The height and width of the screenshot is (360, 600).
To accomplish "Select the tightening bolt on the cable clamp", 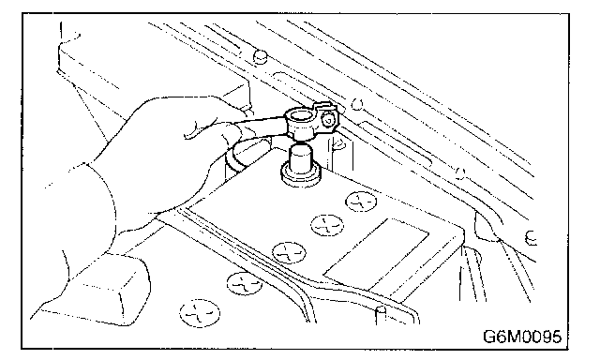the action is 328,121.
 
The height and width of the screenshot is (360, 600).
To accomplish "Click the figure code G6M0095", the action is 522,337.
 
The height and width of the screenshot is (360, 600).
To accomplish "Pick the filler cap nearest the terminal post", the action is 361,202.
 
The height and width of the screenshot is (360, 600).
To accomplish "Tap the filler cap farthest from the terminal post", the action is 200,313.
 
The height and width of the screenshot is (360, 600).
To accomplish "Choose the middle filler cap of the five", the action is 289,252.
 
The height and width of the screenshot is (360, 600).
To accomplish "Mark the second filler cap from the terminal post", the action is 327,225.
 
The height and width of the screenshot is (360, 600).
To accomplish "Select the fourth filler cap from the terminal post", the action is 245,283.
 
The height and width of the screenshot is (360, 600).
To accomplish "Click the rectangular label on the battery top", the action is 377,254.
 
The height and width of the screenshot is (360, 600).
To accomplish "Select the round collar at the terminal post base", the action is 300,175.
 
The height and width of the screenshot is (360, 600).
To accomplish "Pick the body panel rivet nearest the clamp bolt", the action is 357,104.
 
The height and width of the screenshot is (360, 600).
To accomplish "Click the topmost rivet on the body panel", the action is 261,56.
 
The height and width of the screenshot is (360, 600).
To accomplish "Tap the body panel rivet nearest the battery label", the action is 460,173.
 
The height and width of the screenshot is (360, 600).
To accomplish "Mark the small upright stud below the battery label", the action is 381,315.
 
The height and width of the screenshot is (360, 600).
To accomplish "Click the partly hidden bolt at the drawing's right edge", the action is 532,238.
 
